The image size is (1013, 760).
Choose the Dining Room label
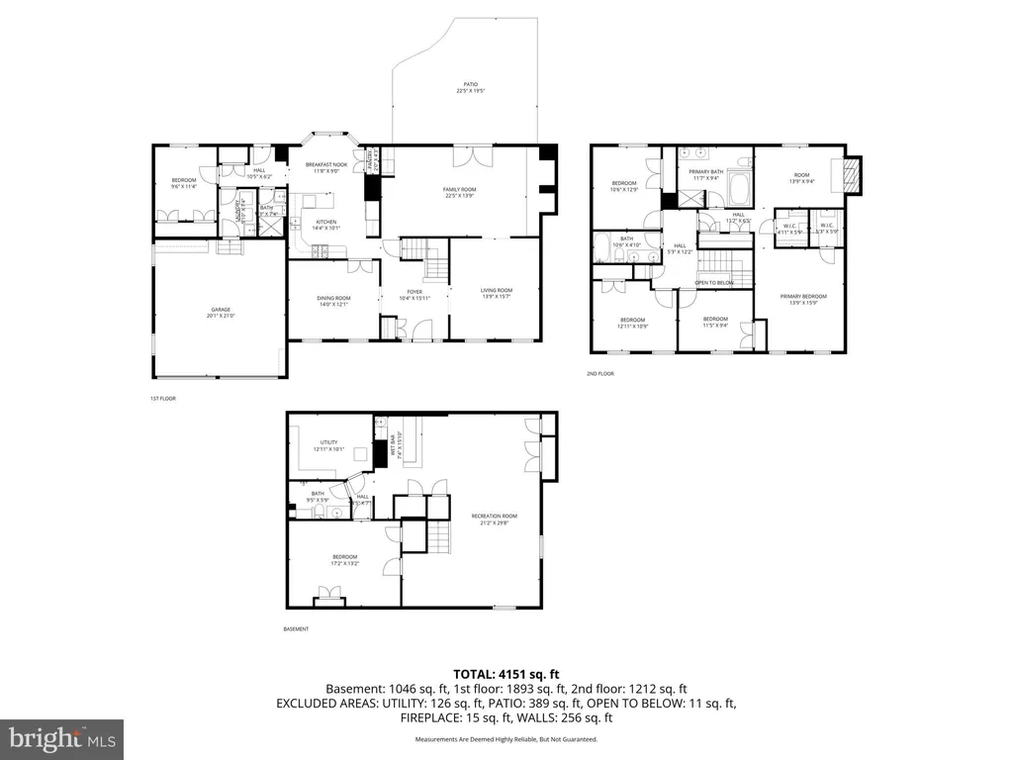pos(332,301)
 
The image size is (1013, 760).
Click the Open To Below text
pos(713,283)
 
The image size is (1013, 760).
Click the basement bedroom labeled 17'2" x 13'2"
pos(344,560)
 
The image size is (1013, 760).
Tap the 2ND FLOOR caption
pos(600,374)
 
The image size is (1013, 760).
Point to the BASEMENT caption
pos(297,629)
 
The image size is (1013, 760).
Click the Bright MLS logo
pos(61,738)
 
